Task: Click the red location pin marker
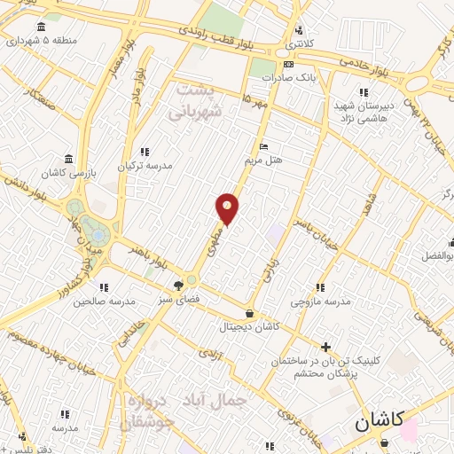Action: tap(228, 207)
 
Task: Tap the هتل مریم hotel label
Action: tap(263, 160)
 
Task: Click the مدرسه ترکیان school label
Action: tap(145, 165)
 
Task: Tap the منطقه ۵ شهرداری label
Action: tap(48, 40)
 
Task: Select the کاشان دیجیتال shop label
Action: tap(249, 326)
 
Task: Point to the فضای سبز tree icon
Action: tap(178, 286)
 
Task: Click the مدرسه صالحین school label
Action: tap(104, 301)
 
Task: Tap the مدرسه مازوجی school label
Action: tap(321, 301)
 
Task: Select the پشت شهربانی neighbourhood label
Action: tap(194, 100)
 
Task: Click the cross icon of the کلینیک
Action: tap(326, 347)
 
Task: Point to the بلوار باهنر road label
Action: tap(150, 255)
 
